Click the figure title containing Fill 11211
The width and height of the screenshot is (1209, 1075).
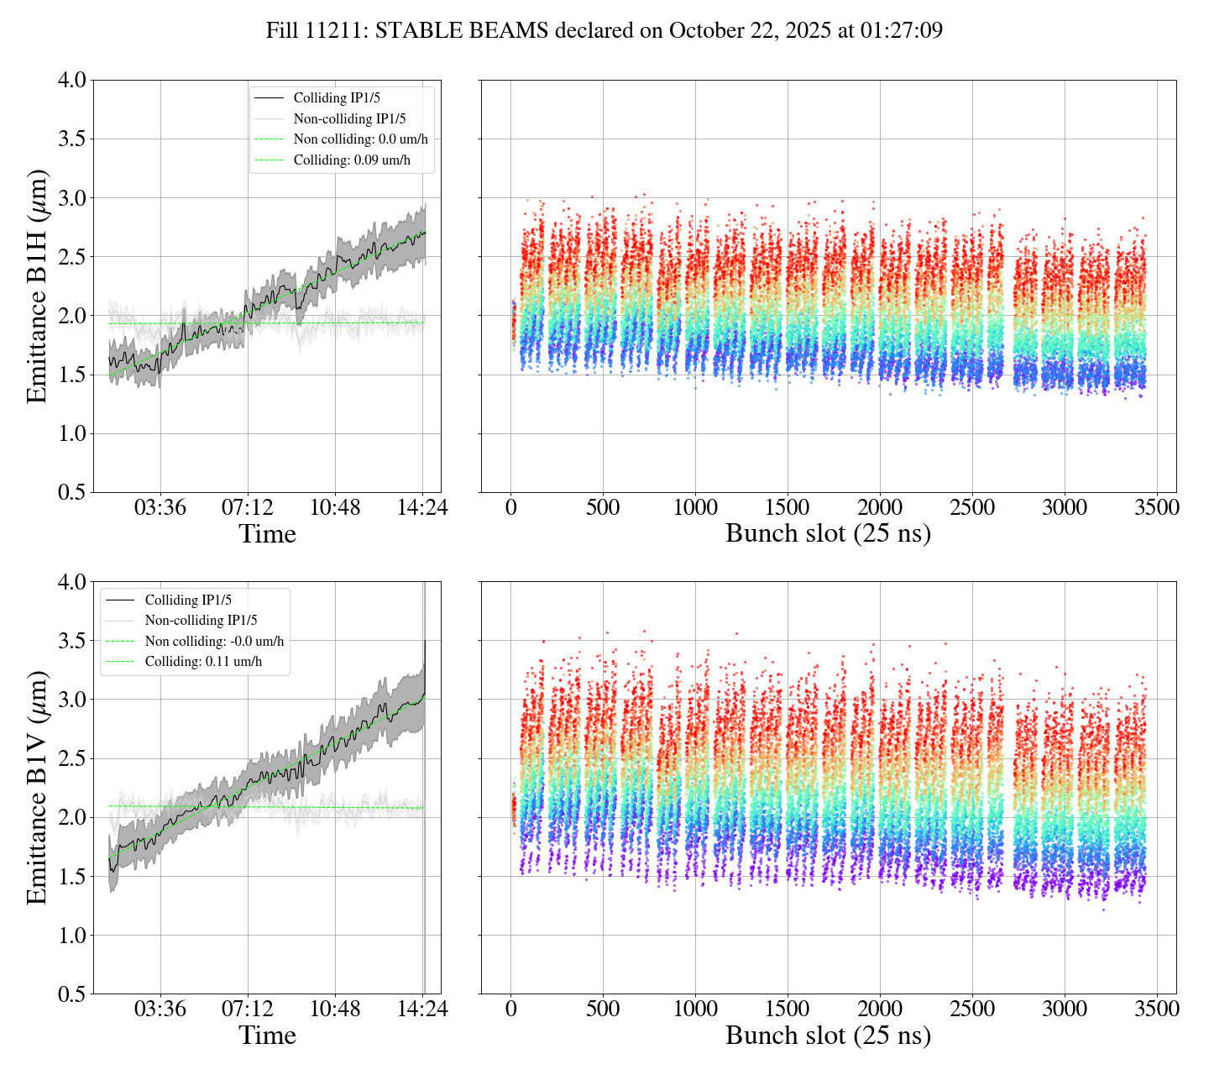pos(604,31)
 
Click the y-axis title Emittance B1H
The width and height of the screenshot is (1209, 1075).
pos(37,286)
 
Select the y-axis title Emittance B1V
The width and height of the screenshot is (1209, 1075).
pos(37,788)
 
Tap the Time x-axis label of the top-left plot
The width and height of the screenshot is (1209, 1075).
pos(267,534)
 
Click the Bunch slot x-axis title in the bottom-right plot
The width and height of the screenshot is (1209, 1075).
pos(828,1036)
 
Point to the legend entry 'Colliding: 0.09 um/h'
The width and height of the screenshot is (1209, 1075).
pos(352,160)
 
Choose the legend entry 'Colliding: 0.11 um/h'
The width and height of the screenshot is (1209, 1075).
pos(203,662)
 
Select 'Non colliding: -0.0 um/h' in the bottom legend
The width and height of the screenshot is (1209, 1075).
pos(214,641)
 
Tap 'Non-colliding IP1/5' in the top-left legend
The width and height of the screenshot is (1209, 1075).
pos(349,119)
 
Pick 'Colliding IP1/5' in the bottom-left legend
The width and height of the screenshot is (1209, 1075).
pos(188,600)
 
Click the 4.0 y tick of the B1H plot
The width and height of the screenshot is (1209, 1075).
pos(72,81)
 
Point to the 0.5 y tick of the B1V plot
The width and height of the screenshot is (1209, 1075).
pos(72,994)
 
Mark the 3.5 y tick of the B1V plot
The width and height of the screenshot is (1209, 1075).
pos(72,641)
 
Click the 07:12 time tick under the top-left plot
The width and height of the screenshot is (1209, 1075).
pos(248,507)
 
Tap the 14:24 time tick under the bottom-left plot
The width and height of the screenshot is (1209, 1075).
pos(421,1009)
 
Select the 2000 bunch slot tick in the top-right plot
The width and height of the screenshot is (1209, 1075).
pos(880,507)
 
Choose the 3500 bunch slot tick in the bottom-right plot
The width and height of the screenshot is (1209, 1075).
pos(1157,1009)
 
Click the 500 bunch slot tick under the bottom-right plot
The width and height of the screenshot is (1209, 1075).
pos(603,1009)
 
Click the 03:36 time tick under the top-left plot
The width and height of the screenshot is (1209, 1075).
pos(160,507)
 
